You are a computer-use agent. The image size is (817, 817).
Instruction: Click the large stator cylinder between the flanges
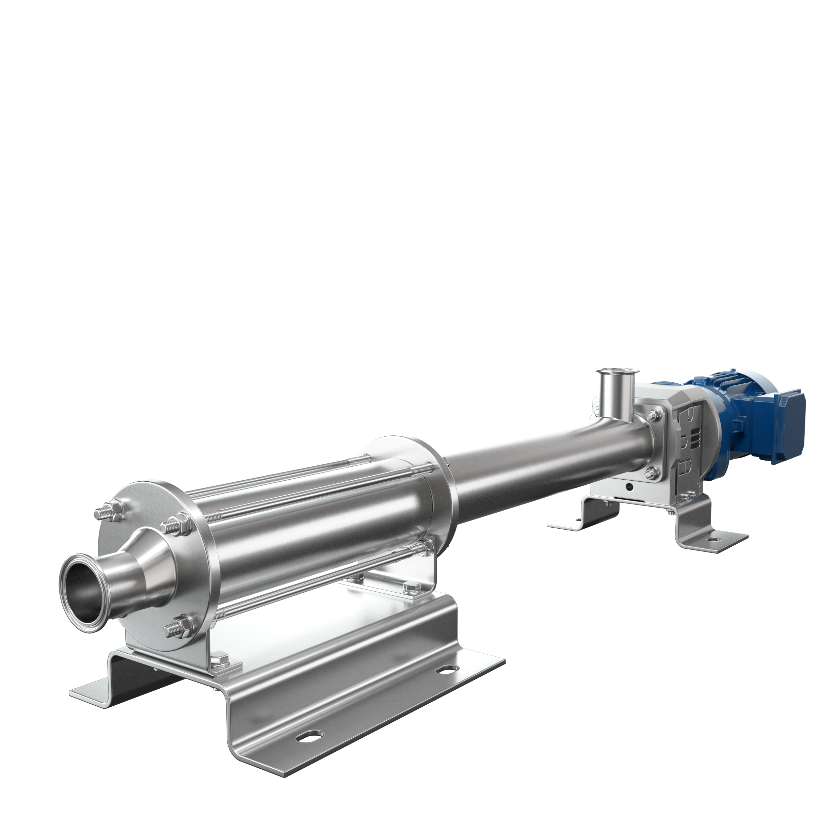(x=313, y=533)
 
